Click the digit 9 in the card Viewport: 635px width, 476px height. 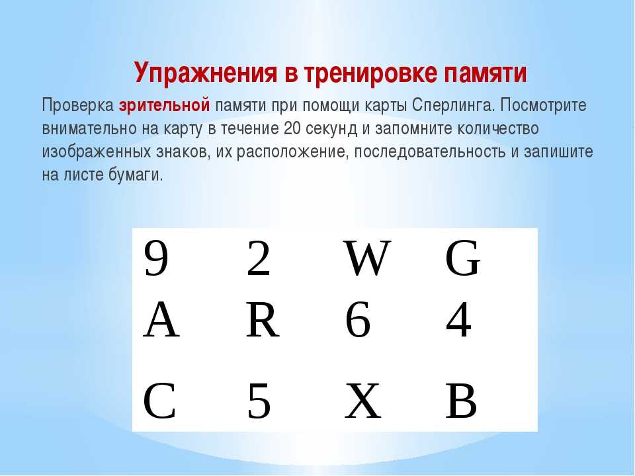click(156, 258)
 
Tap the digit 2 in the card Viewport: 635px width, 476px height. click(259, 258)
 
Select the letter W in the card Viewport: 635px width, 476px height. click(367, 258)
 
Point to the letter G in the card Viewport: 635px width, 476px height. click(462, 258)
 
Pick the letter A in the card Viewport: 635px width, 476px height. click(161, 320)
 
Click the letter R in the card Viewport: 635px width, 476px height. click(263, 320)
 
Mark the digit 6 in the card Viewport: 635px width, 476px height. click(358, 320)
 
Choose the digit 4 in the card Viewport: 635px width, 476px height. click(459, 320)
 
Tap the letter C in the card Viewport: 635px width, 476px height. click(159, 401)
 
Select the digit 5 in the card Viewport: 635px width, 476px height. click(259, 401)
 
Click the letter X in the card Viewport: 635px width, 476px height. click(363, 401)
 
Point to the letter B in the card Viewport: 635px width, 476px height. click(461, 401)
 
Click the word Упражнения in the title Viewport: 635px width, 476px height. click(206, 73)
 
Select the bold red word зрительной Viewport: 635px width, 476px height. click(165, 105)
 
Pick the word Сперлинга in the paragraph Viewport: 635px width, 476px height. click(454, 106)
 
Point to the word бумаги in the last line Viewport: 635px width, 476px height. click(136, 175)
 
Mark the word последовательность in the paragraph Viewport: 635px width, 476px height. click(430, 152)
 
